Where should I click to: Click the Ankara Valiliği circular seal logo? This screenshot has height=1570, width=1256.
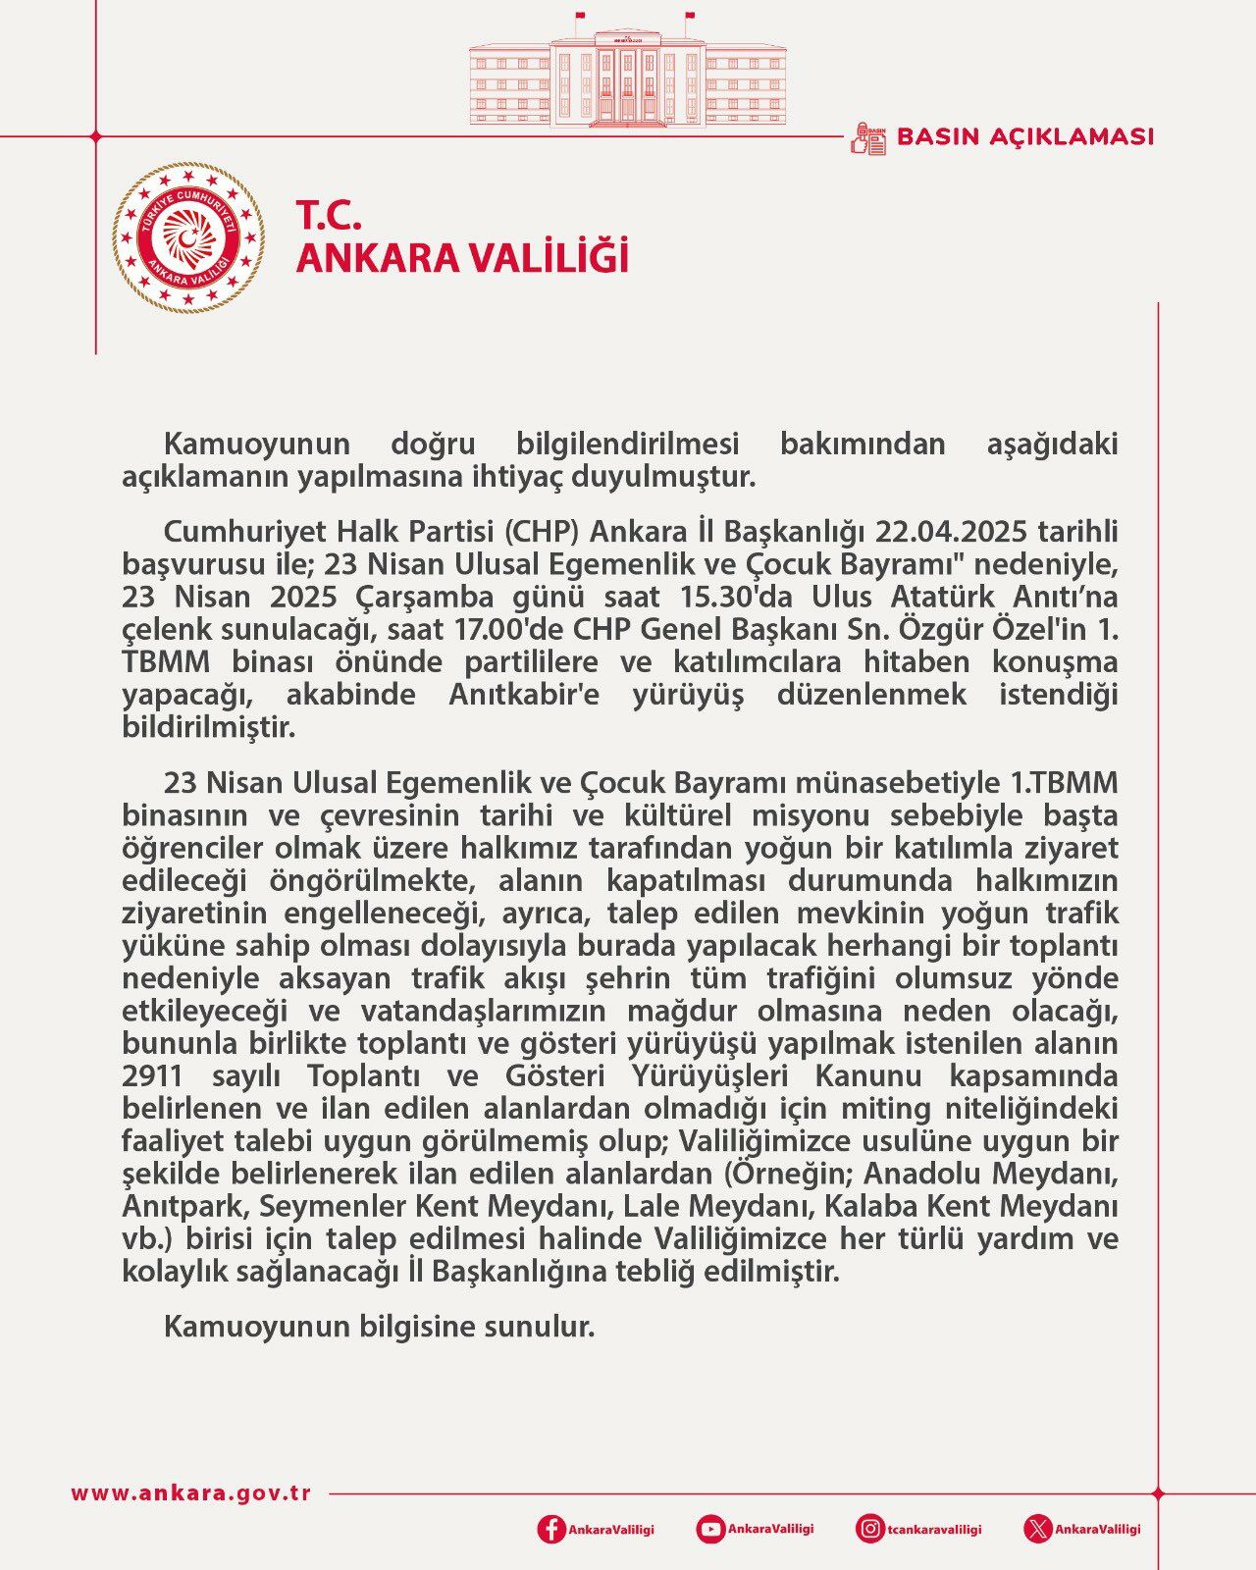(187, 237)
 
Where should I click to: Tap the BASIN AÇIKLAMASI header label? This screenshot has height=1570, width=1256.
(1024, 136)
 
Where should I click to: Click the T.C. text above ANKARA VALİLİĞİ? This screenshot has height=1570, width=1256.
(330, 214)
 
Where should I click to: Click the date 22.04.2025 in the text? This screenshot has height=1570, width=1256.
(952, 532)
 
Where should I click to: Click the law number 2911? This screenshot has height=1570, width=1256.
(153, 1076)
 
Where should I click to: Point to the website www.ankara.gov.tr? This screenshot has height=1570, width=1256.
(191, 1493)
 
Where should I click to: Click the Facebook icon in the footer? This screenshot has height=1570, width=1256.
(551, 1529)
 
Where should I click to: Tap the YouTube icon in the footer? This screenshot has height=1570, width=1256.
(710, 1529)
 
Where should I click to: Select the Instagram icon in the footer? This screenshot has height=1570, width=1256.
(869, 1529)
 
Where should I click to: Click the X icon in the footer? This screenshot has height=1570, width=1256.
(1037, 1529)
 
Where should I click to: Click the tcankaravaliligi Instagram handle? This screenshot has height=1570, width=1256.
(933, 1529)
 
